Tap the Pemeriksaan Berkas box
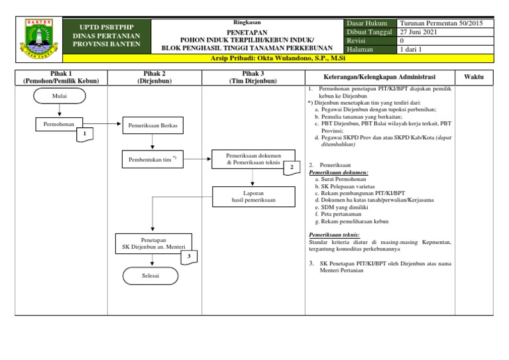pyautogui.click(x=153, y=125)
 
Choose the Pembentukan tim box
pyautogui.click(x=153, y=160)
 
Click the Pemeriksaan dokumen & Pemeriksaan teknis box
pyautogui.click(x=253, y=158)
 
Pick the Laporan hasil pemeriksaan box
pyautogui.click(x=253, y=196)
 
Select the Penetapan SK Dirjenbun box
pyautogui.click(x=153, y=243)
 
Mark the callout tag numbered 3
pyautogui.click(x=189, y=257)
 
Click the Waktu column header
pyautogui.click(x=473, y=77)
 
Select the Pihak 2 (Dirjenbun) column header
pyautogui.click(x=154, y=77)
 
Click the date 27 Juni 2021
pyautogui.click(x=418, y=32)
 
